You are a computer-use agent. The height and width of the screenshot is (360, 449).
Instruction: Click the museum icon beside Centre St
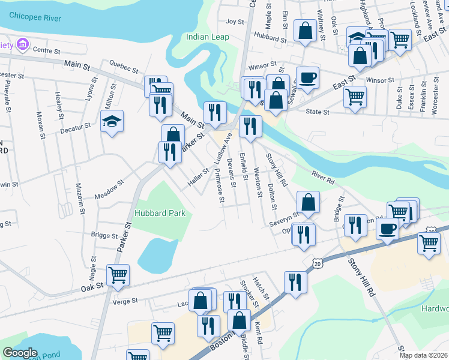(23, 44)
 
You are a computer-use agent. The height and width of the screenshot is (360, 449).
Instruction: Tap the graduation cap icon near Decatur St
(112, 122)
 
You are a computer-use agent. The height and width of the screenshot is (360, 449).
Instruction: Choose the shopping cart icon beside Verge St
(118, 274)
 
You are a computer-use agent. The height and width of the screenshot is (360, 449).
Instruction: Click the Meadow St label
(109, 190)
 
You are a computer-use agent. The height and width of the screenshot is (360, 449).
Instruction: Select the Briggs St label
(104, 235)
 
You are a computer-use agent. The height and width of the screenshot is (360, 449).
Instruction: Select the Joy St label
(235, 22)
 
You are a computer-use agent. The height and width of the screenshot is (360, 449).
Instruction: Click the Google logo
(20, 353)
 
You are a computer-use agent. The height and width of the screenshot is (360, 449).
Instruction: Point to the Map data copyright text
(423, 355)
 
